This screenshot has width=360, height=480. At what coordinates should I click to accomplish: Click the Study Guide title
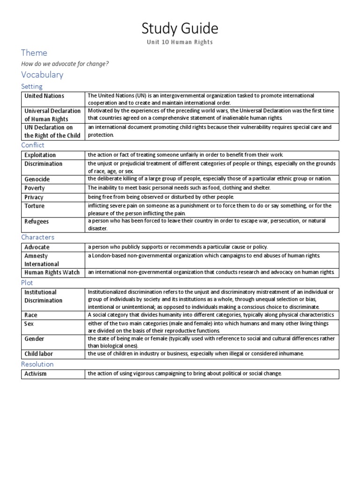(180, 29)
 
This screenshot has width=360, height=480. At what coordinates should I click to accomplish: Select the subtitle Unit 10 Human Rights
(180, 42)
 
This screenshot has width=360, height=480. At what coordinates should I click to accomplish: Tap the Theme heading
(34, 53)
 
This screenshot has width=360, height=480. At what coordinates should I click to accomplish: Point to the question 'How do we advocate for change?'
(65, 64)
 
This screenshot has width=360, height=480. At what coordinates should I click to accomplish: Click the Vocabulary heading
(42, 75)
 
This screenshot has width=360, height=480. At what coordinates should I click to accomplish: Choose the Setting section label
(32, 86)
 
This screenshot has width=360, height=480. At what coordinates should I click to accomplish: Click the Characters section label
(37, 237)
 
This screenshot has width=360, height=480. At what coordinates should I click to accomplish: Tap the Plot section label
(27, 282)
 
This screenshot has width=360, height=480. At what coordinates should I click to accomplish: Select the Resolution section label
(37, 364)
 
